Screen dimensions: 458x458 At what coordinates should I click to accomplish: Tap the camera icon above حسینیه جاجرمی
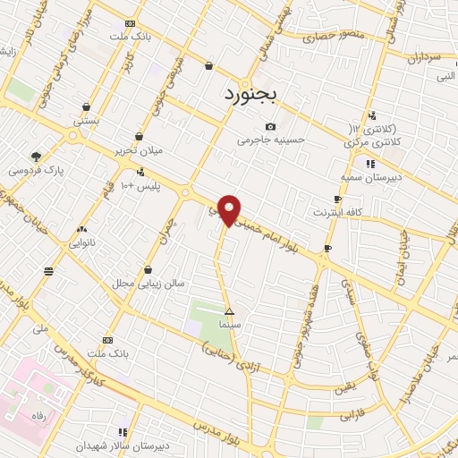270,126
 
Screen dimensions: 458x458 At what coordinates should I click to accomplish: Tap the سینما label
230,326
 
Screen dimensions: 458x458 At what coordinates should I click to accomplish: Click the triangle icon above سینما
230,312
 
